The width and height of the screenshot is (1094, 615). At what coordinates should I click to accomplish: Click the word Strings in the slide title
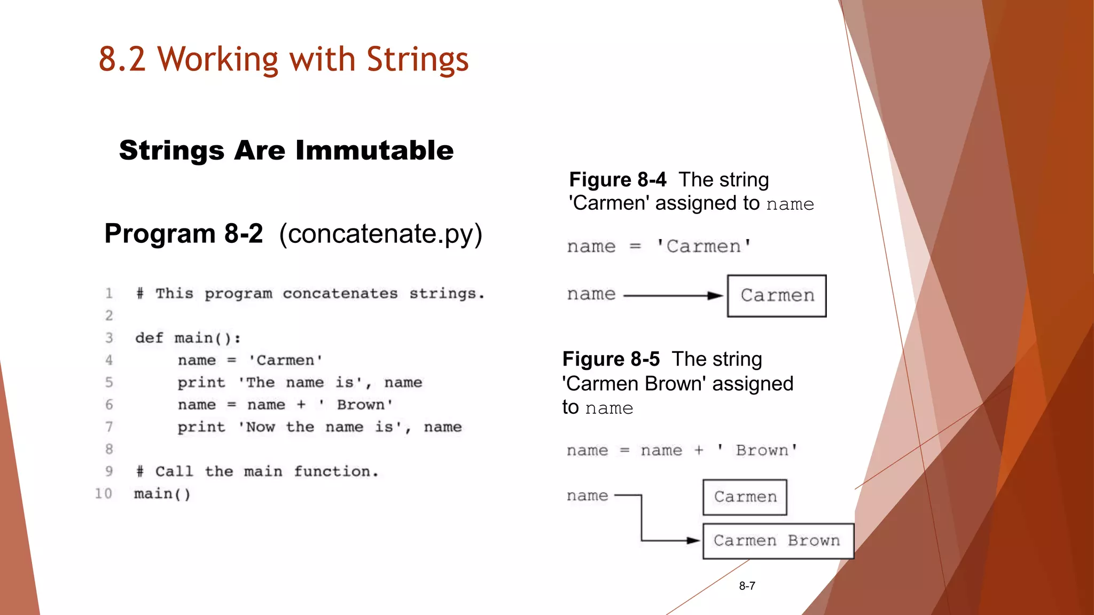pyautogui.click(x=417, y=59)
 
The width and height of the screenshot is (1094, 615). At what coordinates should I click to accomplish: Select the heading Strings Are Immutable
pyautogui.click(x=286, y=150)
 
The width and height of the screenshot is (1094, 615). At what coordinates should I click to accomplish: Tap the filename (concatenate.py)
pyautogui.click(x=380, y=234)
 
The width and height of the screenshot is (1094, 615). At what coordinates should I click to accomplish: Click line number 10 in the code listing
pyautogui.click(x=104, y=493)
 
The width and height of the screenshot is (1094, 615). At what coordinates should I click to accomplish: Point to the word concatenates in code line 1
pyautogui.click(x=340, y=294)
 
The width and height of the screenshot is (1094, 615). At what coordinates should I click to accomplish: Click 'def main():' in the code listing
pyautogui.click(x=187, y=338)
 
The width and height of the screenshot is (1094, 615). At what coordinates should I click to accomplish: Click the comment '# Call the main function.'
pyautogui.click(x=257, y=471)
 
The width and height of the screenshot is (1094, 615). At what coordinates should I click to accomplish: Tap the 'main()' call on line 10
pyautogui.click(x=162, y=494)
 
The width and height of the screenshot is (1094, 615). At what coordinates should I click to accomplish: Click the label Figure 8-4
pyautogui.click(x=618, y=180)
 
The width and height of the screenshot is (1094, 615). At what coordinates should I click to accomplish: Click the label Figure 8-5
pyautogui.click(x=611, y=359)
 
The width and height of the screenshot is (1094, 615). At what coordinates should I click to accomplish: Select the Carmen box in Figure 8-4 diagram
pyautogui.click(x=777, y=296)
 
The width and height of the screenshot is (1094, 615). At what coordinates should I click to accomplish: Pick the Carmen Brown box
pyautogui.click(x=778, y=541)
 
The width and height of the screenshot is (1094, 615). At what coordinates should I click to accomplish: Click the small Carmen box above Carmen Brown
pyautogui.click(x=745, y=497)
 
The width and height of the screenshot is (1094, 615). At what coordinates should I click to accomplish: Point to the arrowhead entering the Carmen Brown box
pyautogui.click(x=693, y=540)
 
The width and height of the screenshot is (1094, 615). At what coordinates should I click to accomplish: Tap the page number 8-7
pyautogui.click(x=747, y=586)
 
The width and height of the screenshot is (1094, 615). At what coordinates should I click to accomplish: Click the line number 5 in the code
pyautogui.click(x=109, y=382)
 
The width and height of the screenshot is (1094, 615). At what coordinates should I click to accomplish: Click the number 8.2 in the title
pyautogui.click(x=122, y=59)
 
